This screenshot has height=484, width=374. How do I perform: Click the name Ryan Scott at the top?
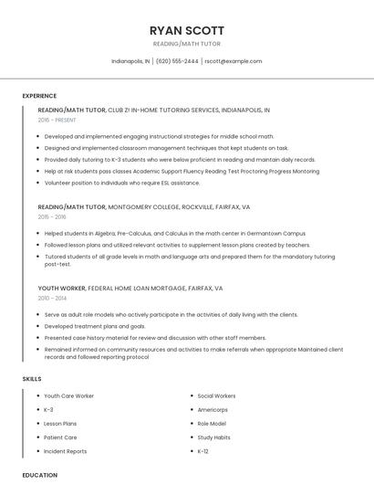[x=186, y=29]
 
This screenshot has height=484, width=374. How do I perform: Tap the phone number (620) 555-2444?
[x=177, y=61]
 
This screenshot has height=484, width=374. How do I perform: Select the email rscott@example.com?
[x=234, y=61]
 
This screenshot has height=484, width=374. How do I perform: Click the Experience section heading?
[x=39, y=96]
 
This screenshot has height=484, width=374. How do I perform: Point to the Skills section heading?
[x=32, y=378]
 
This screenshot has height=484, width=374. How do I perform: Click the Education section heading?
[x=39, y=475]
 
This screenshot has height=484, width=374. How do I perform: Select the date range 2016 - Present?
[x=57, y=120]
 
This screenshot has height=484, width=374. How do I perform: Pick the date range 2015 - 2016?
[x=52, y=216]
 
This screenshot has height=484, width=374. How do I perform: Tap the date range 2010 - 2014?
[x=52, y=298]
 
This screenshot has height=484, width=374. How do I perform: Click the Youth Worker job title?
[x=61, y=288]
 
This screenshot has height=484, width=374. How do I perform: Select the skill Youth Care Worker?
[x=69, y=395]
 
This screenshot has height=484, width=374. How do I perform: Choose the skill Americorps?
[x=213, y=409]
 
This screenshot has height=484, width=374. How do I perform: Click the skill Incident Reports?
[x=66, y=451]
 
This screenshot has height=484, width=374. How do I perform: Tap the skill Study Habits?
[x=213, y=437]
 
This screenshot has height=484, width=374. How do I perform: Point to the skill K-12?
[x=203, y=451]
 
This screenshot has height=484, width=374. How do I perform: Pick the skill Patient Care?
[x=61, y=437]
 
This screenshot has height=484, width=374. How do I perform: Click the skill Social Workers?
[x=216, y=395]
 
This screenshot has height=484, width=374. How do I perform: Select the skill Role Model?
[x=212, y=424]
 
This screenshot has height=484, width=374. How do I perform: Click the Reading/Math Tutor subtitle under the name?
[x=186, y=44]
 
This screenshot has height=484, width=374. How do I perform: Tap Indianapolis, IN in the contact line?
[x=130, y=61]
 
